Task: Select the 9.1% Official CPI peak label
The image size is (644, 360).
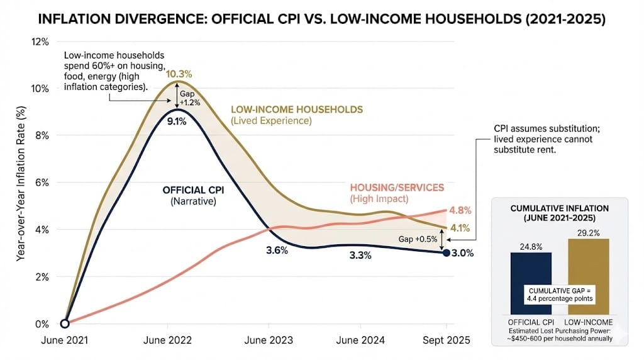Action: (177, 122)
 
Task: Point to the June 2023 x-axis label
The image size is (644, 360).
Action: (269, 340)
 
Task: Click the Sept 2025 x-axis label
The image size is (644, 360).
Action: (446, 340)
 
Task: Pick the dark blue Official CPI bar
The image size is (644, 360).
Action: (531, 283)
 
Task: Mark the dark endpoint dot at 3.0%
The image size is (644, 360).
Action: (446, 253)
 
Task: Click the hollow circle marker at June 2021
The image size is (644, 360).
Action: (65, 323)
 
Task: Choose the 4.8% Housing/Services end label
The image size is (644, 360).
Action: (460, 210)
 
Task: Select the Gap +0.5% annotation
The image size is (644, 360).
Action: (418, 240)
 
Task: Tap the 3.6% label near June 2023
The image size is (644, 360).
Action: (277, 250)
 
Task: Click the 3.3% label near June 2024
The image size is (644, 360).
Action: (360, 256)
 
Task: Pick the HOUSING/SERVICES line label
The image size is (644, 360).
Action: (396, 188)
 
